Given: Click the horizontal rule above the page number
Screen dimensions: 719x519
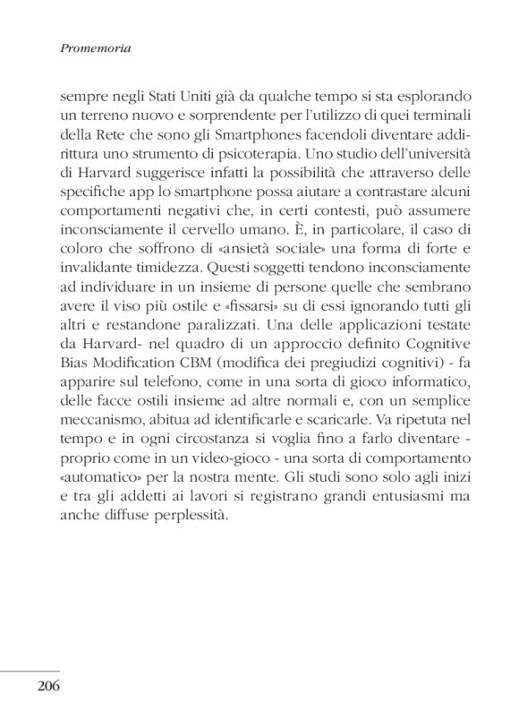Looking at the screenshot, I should pos(30,670).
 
